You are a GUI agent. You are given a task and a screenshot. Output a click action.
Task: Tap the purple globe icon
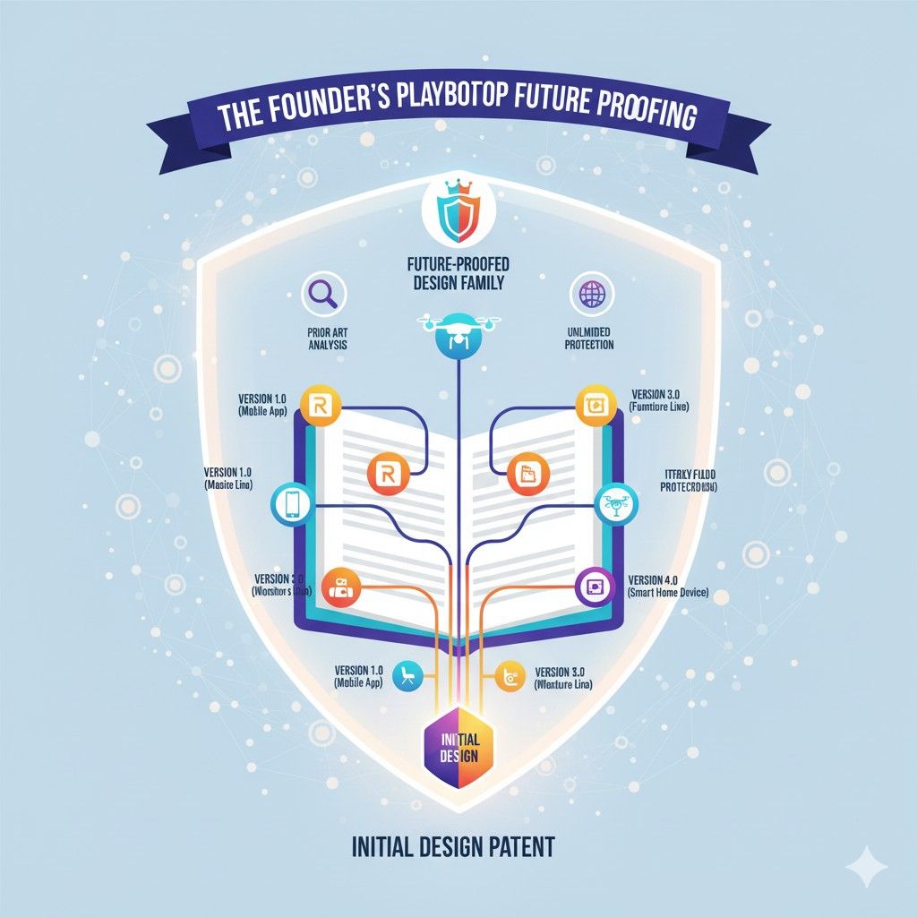589,294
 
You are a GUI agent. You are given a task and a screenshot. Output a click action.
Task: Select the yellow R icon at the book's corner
318,407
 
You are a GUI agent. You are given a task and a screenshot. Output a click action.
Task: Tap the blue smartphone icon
292,504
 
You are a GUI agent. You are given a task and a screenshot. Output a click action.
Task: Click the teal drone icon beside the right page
616,504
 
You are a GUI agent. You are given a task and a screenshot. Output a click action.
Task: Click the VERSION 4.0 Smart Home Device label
668,586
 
